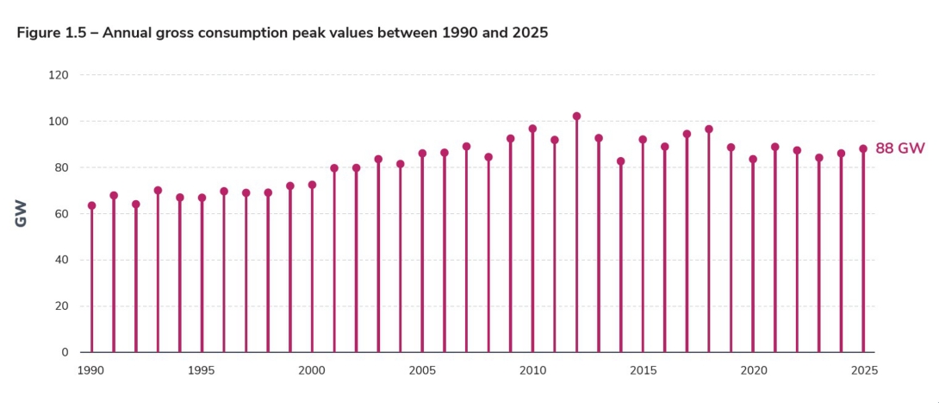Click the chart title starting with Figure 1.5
pyautogui.click(x=283, y=33)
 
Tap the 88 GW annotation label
pyautogui.click(x=899, y=148)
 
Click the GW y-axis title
pyautogui.click(x=22, y=213)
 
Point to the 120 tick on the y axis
pyautogui.click(x=59, y=75)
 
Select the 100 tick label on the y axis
pyautogui.click(x=59, y=122)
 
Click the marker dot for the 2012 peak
pyautogui.click(x=576, y=116)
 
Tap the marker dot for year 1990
pyautogui.click(x=91, y=205)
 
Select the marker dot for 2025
pyautogui.click(x=863, y=148)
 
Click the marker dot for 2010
pyautogui.click(x=532, y=129)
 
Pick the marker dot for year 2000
pyautogui.click(x=312, y=185)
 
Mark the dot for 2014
pyautogui.click(x=620, y=161)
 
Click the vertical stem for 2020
pyautogui.click(x=753, y=259)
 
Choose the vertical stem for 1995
pyautogui.click(x=202, y=276)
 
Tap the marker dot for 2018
pyautogui.click(x=709, y=129)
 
